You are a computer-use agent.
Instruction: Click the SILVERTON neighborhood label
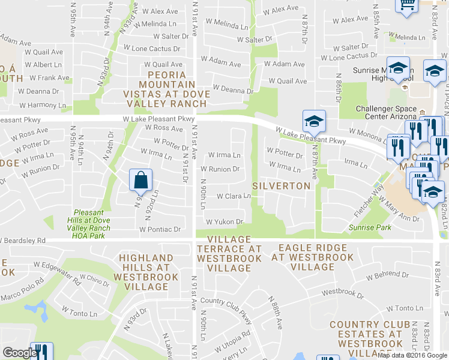[x=281, y=186]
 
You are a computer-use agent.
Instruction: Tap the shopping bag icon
[x=140, y=179]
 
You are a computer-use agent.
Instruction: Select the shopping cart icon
[x=406, y=5]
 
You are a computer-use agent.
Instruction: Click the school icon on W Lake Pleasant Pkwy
[x=314, y=122]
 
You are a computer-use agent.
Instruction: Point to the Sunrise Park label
[x=370, y=227]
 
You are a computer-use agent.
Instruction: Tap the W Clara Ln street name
[x=233, y=196]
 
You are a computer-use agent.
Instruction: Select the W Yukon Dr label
[x=224, y=222]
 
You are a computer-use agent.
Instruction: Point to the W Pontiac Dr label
[x=160, y=229]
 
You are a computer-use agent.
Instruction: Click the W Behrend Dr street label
[x=388, y=275]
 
